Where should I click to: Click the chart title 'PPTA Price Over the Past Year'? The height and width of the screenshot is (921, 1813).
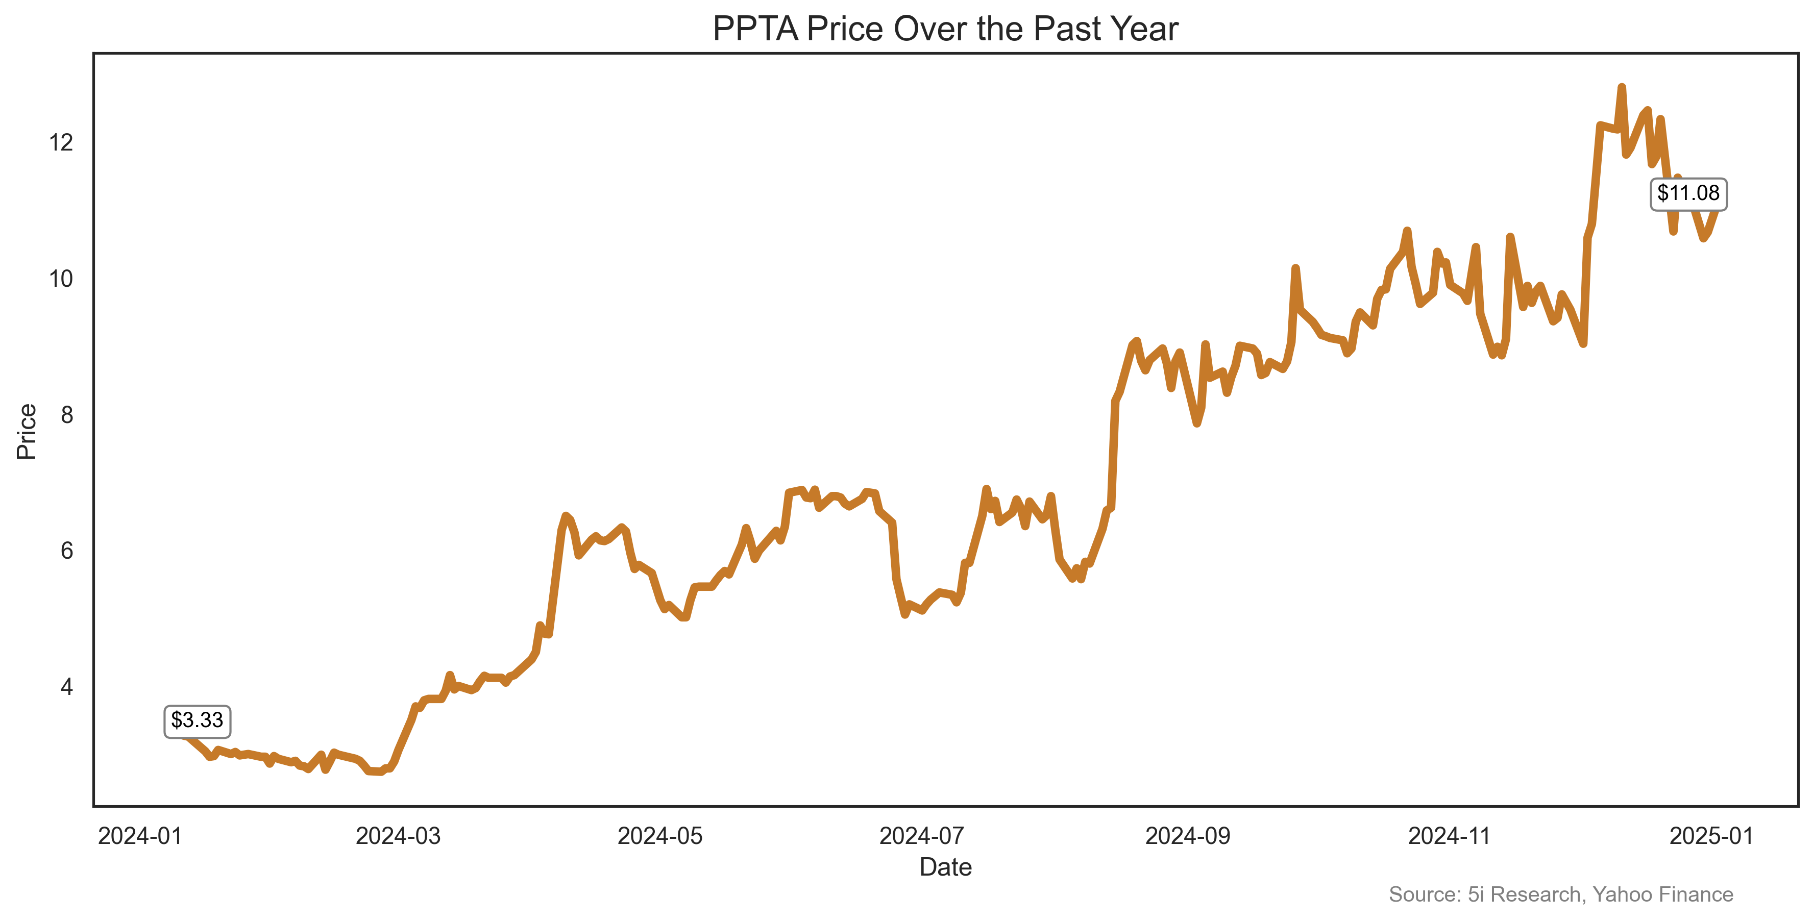coord(945,30)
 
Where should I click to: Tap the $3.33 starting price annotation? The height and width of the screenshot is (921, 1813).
coord(197,720)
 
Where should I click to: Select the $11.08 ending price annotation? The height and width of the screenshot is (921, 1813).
coord(1688,193)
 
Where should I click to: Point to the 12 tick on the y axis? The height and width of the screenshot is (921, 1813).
coord(61,143)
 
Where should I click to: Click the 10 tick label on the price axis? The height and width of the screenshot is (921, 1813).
coord(61,279)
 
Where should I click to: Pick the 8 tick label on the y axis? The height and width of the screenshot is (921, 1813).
coord(67,415)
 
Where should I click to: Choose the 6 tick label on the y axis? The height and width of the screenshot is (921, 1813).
coord(67,551)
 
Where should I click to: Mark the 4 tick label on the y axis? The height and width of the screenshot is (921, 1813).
coord(67,687)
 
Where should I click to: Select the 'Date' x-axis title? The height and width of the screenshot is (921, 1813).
coord(945,867)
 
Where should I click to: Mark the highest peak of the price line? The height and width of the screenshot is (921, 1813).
coord(1622,87)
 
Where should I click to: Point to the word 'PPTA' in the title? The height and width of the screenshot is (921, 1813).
coord(755,30)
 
